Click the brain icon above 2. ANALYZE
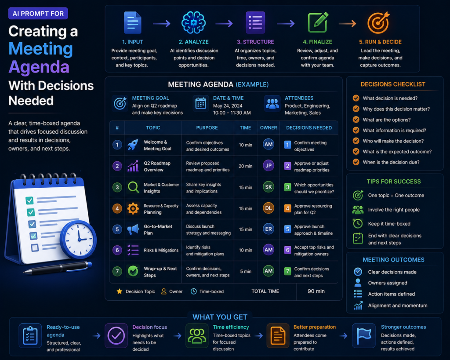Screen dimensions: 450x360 [193, 23]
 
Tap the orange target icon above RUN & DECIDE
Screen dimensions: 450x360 [379, 23]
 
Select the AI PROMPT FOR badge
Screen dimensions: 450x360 [38, 14]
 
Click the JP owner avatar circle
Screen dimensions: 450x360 [269, 166]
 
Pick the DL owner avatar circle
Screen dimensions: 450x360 [269, 208]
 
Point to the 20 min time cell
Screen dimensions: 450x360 [245, 166]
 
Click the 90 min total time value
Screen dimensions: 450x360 [316, 291]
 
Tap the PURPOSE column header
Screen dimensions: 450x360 [207, 128]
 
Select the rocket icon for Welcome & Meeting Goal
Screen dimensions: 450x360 [133, 145]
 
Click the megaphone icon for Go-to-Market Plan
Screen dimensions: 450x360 [133, 229]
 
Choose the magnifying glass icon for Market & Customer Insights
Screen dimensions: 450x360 [133, 187]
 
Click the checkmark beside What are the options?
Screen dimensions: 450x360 [356, 120]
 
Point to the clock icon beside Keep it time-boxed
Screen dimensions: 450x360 [358, 223]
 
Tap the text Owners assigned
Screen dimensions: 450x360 [388, 283]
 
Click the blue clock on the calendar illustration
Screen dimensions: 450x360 [78, 240]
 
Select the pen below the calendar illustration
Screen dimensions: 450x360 [58, 267]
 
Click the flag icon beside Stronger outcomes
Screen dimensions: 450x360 [363, 335]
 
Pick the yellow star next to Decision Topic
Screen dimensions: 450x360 [120, 291]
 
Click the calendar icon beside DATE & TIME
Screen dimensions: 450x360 [200, 103]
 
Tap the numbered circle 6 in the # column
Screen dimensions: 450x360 [117, 250]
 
